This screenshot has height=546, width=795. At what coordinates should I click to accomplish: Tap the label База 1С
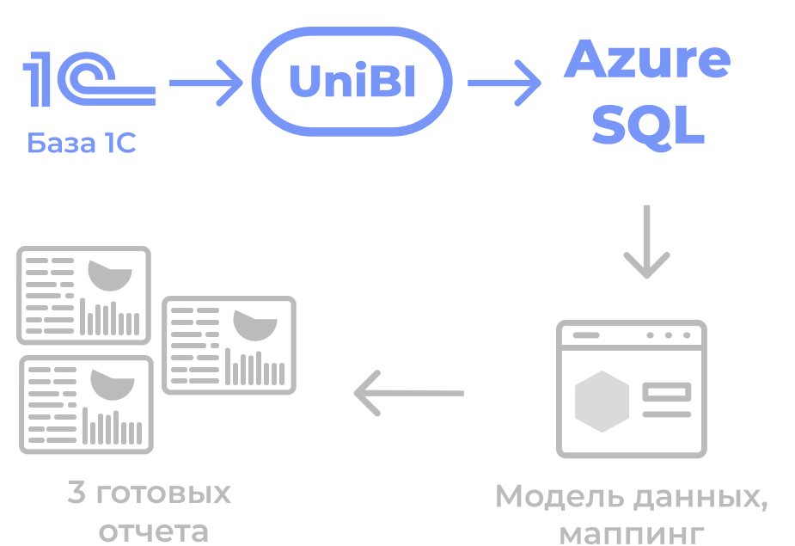(x=82, y=144)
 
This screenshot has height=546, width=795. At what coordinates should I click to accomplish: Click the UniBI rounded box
(x=352, y=83)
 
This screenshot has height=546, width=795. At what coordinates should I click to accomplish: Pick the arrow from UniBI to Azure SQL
(x=504, y=83)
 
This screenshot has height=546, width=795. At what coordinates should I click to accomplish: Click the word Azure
(x=647, y=60)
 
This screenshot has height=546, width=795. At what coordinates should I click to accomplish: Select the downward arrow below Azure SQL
(x=646, y=242)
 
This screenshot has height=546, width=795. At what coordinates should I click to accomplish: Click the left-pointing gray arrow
(x=409, y=393)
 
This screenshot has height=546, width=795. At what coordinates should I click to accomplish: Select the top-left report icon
(x=84, y=296)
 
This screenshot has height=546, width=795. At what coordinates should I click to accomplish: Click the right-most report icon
(x=229, y=345)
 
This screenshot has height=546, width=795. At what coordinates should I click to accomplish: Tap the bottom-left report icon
(x=86, y=404)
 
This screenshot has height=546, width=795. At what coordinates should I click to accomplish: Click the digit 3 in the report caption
(x=76, y=494)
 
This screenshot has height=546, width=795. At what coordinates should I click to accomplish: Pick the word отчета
(x=153, y=531)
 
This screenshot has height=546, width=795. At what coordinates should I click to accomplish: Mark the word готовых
(x=162, y=494)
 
